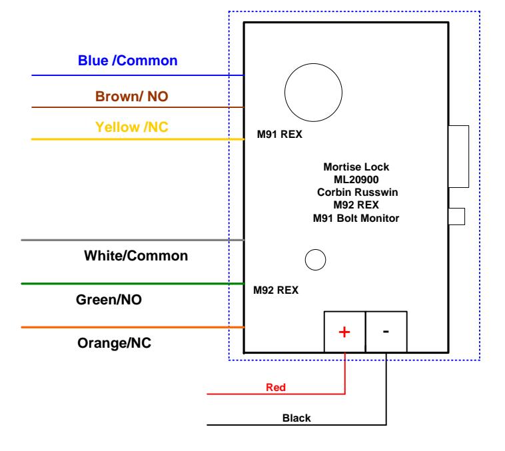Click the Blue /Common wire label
pyautogui.click(x=128, y=61)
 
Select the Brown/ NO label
pyautogui.click(x=131, y=97)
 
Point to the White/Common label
pyautogui.click(x=136, y=255)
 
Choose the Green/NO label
pyautogui.click(x=111, y=300)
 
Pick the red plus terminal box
pyautogui.click(x=344, y=332)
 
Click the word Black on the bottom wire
pyautogui.click(x=296, y=418)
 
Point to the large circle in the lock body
pyautogui.click(x=311, y=91)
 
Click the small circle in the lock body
pyautogui.click(x=314, y=260)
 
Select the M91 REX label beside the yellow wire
pyautogui.click(x=279, y=135)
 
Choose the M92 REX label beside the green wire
pyautogui.click(x=275, y=290)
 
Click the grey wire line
pyautogui.click(x=133, y=240)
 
